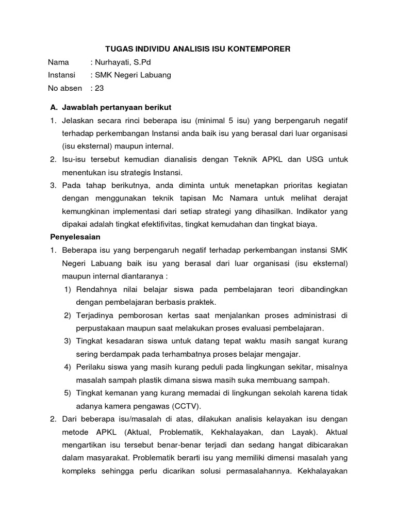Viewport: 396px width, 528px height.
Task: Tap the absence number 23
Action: tap(99, 88)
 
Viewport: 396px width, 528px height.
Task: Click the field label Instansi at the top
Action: tap(61, 75)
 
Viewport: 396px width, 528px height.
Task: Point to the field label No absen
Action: tap(64, 88)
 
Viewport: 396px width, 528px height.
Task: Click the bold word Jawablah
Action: tap(80, 107)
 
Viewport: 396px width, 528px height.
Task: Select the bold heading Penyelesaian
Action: tap(75, 237)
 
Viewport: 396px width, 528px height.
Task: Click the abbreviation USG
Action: tap(311, 159)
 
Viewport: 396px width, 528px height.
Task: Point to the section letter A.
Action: tap(53, 107)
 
